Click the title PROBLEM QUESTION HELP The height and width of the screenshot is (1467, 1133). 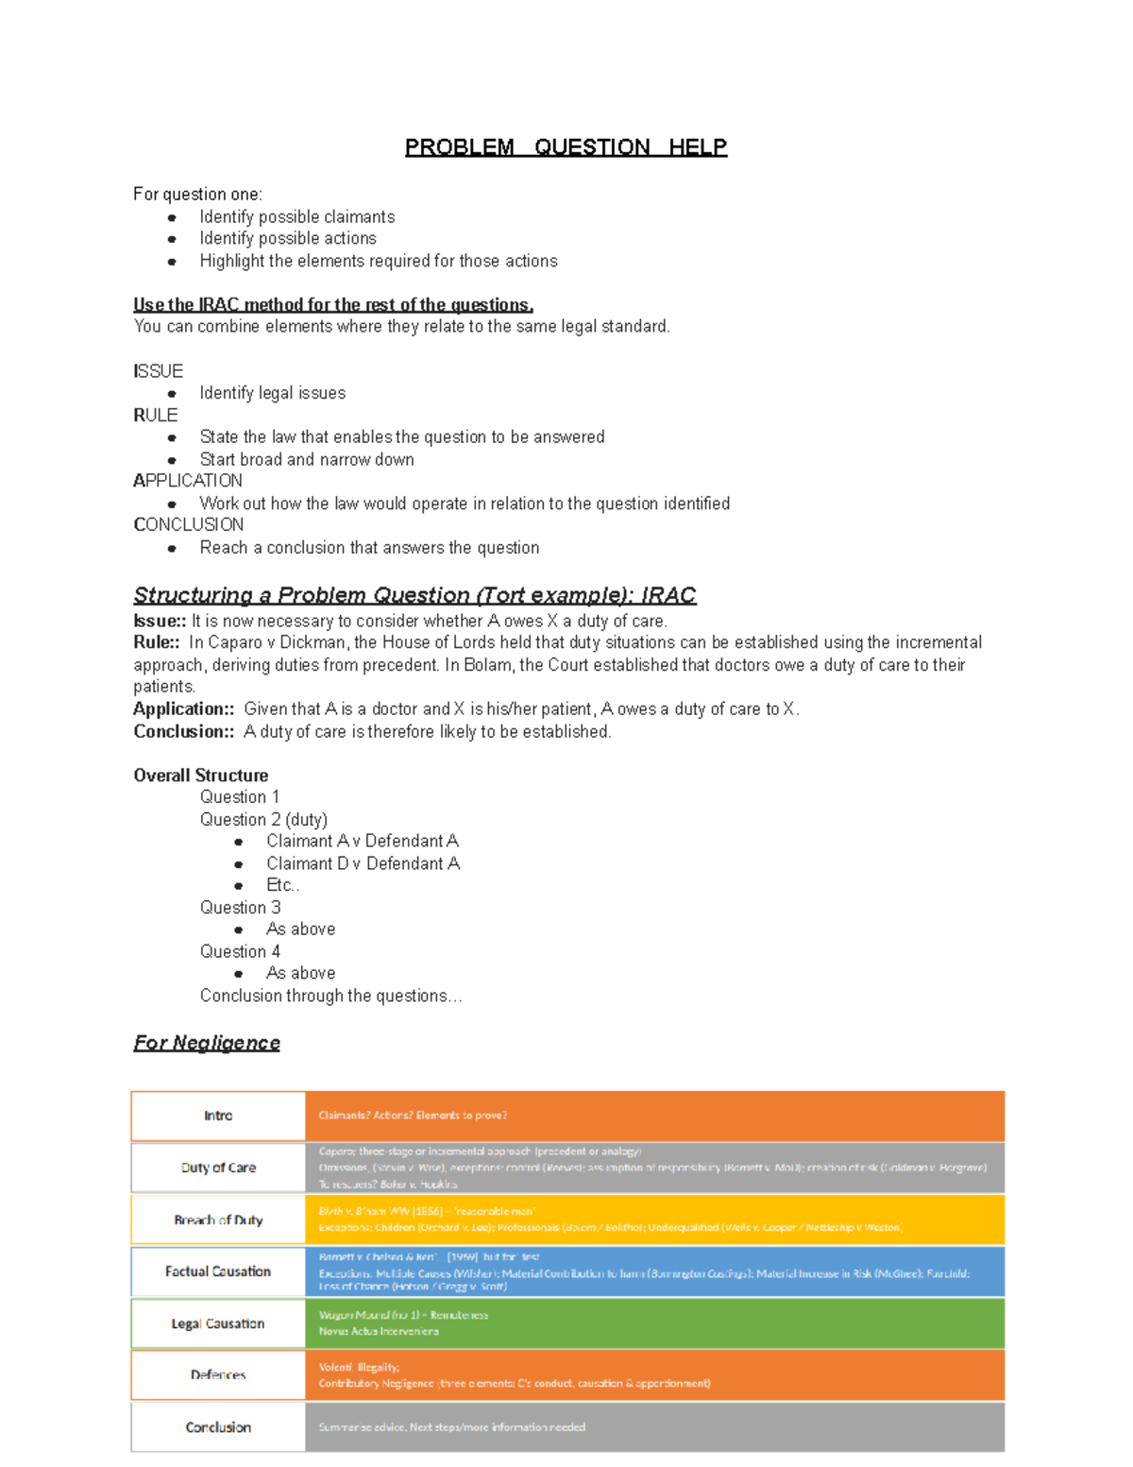coord(566,147)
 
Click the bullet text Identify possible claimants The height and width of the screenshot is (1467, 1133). coord(296,217)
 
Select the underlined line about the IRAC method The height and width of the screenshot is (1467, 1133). coord(333,304)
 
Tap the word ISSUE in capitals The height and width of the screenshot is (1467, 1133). coord(159,371)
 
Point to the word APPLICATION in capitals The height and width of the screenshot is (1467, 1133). coord(188,481)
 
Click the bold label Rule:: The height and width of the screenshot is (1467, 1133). coord(157,642)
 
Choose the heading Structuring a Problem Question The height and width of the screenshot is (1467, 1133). coord(414,595)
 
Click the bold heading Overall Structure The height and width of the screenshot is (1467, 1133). coord(200,776)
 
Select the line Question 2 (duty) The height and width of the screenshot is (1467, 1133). coord(263,819)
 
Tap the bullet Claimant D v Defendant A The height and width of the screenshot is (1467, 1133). coord(363,863)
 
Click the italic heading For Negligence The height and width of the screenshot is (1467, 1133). coord(207,1043)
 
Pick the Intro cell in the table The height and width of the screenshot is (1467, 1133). coord(218,1116)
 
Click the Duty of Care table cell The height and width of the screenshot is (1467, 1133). coord(218,1168)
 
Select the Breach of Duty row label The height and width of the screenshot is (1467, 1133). coord(218,1220)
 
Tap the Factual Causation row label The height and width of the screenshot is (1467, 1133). coord(218,1271)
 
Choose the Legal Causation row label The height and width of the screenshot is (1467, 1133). coord(218,1323)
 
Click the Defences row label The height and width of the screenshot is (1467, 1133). coord(218,1375)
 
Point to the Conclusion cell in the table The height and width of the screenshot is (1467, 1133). coord(218,1427)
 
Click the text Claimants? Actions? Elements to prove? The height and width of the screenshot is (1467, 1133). coord(413,1116)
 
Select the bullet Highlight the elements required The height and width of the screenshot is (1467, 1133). coord(378,262)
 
